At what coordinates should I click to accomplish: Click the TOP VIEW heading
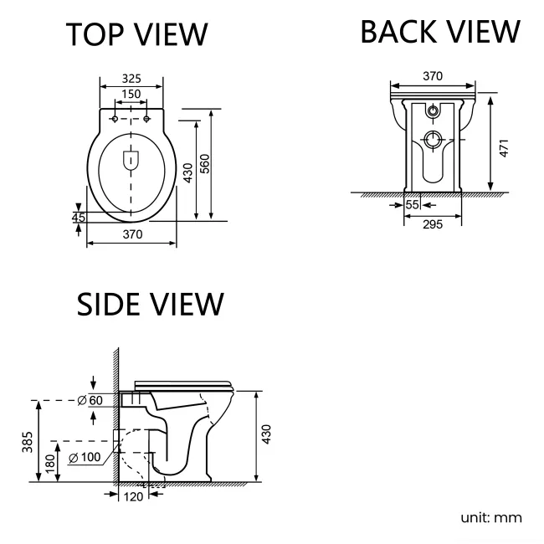[137, 34]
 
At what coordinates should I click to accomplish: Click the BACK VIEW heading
[439, 32]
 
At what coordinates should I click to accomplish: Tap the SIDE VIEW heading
[151, 305]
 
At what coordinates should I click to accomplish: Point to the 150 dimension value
[131, 94]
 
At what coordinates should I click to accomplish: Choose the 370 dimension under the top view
[131, 235]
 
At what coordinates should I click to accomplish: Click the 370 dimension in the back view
[432, 76]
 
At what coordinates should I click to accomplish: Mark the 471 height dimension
[503, 147]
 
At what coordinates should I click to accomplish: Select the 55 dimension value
[412, 204]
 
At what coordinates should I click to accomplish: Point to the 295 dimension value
[432, 223]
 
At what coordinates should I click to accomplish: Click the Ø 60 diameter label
[90, 400]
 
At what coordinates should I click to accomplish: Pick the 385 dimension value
[27, 440]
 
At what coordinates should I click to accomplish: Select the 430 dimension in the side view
[267, 435]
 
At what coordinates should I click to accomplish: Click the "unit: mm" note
[491, 517]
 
